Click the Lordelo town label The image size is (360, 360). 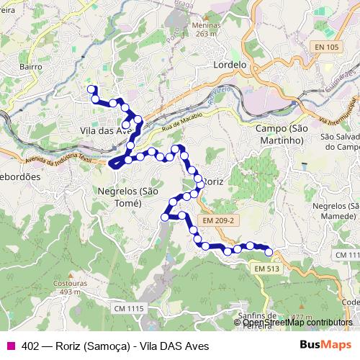(x=230, y=64)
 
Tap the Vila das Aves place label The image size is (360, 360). (x=105, y=130)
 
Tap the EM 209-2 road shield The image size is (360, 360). (x=218, y=220)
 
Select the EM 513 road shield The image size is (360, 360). (x=267, y=269)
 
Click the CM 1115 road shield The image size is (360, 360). (x=130, y=308)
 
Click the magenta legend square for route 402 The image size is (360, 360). (x=11, y=346)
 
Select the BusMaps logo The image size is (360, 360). (x=327, y=346)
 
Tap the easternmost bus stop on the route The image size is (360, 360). (x=269, y=251)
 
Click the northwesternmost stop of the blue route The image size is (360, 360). (x=91, y=89)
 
